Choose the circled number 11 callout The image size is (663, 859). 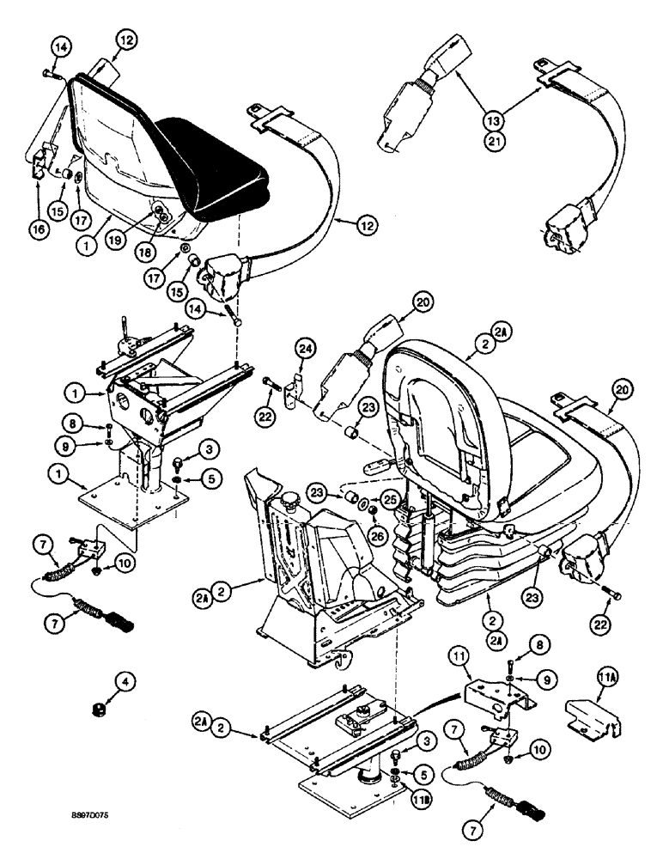457,657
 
